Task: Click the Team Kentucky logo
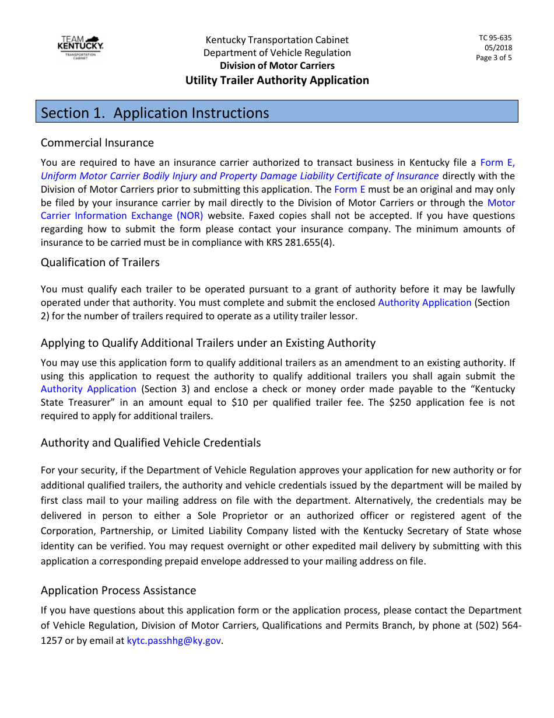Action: tap(80, 47)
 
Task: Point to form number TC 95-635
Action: tap(495, 38)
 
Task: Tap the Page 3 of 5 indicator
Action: tap(493, 58)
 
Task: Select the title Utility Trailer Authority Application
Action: tap(277, 80)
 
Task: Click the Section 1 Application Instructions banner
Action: tap(277, 112)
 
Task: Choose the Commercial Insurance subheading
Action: tap(97, 143)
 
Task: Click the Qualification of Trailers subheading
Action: tap(100, 263)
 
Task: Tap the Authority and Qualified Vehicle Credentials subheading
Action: tap(150, 443)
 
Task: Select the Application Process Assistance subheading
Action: tap(118, 591)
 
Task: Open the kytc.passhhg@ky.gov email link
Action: tap(174, 640)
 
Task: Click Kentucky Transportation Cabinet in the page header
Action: tap(277, 40)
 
